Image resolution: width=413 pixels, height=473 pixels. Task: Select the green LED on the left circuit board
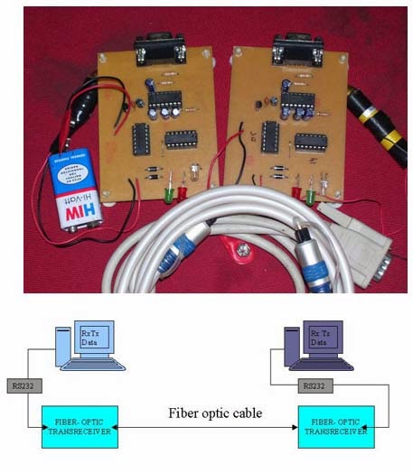coord(168,190)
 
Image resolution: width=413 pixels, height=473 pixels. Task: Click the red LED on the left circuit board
coord(182,191)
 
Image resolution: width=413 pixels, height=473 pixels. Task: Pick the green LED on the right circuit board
coord(309,192)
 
